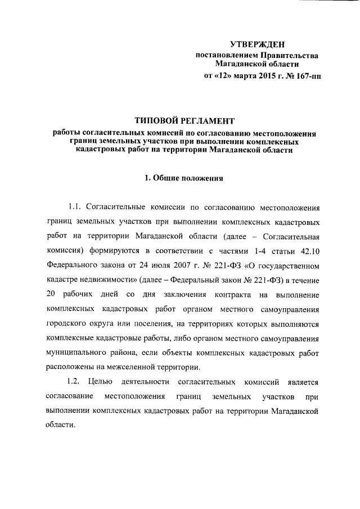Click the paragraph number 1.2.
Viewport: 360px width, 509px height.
click(75, 382)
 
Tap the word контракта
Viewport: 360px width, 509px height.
click(228, 295)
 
